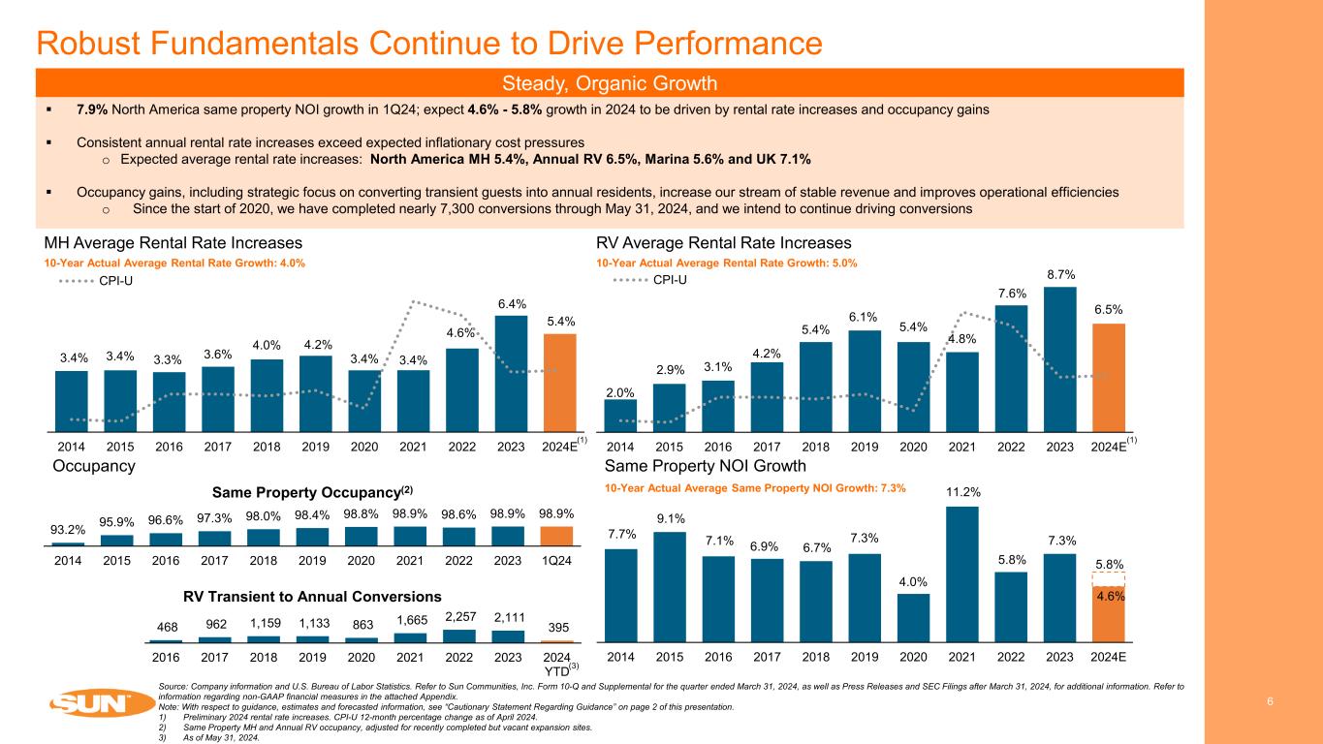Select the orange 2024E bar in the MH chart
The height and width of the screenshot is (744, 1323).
(x=558, y=382)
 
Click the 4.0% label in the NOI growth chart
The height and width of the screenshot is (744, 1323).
(x=913, y=582)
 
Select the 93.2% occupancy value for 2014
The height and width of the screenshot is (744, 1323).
(x=67, y=530)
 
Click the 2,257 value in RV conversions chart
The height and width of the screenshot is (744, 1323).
(x=459, y=617)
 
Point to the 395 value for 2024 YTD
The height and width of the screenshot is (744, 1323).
(x=556, y=629)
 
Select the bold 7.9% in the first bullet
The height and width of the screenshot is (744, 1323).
(x=92, y=109)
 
